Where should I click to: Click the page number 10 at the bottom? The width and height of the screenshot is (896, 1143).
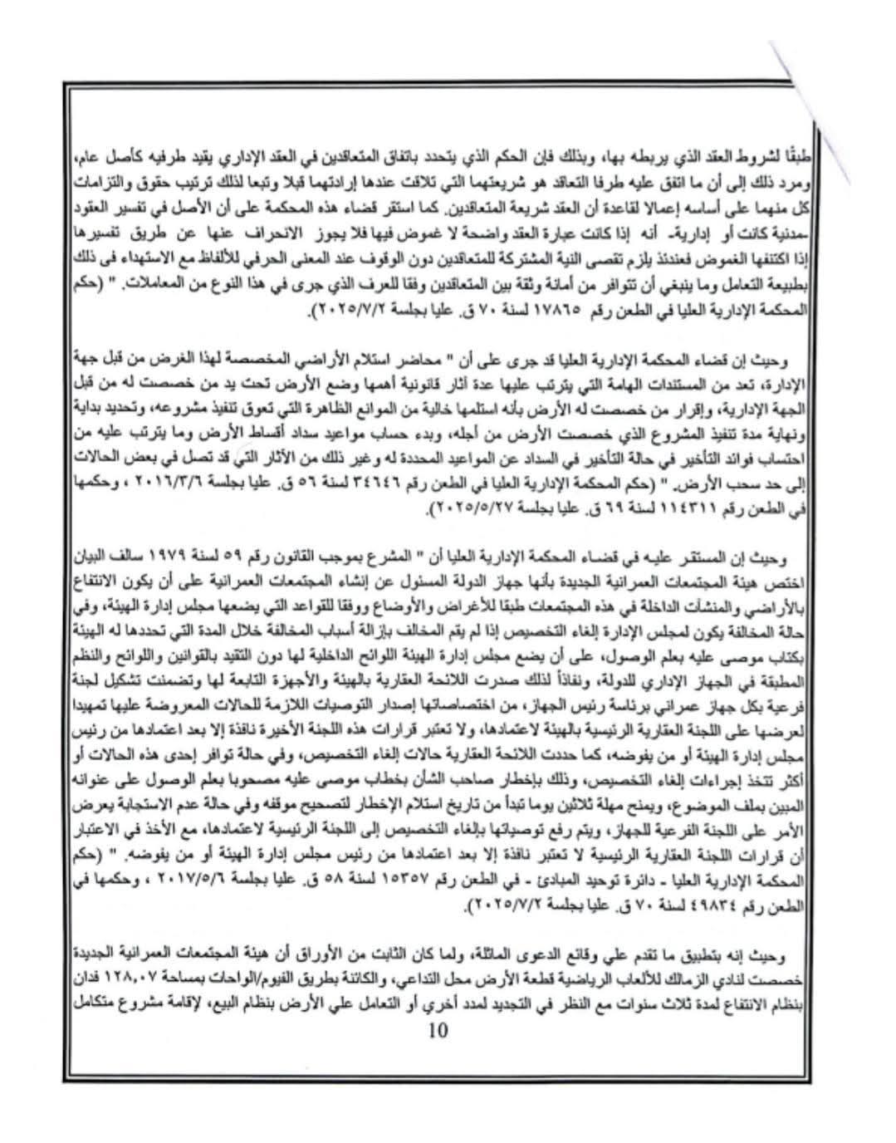438,1030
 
